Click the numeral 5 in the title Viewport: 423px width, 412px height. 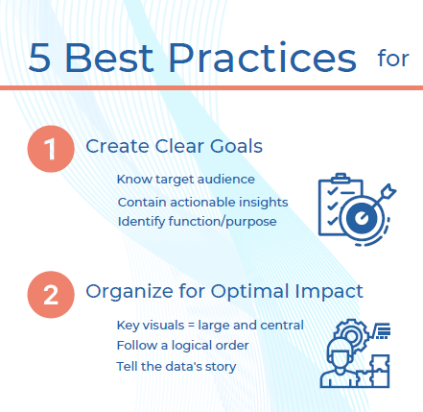(x=40, y=58)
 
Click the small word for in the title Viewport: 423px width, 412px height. (x=392, y=60)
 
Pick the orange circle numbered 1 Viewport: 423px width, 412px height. (x=50, y=149)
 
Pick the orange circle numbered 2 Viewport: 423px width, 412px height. (x=50, y=292)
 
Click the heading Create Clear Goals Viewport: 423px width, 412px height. (x=174, y=146)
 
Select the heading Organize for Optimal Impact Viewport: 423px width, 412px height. (x=224, y=290)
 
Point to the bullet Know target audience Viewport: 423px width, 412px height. (x=185, y=180)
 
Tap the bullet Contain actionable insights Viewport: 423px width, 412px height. (x=202, y=202)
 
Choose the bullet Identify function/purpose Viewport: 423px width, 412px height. (x=197, y=222)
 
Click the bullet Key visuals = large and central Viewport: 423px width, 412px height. (x=210, y=325)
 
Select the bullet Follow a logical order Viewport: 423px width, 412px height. (x=183, y=345)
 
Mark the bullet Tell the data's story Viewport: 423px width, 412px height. (x=176, y=366)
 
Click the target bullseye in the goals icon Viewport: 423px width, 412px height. (x=362, y=218)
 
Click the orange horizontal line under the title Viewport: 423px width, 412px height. (x=211, y=87)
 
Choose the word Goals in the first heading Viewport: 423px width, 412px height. (x=238, y=146)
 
